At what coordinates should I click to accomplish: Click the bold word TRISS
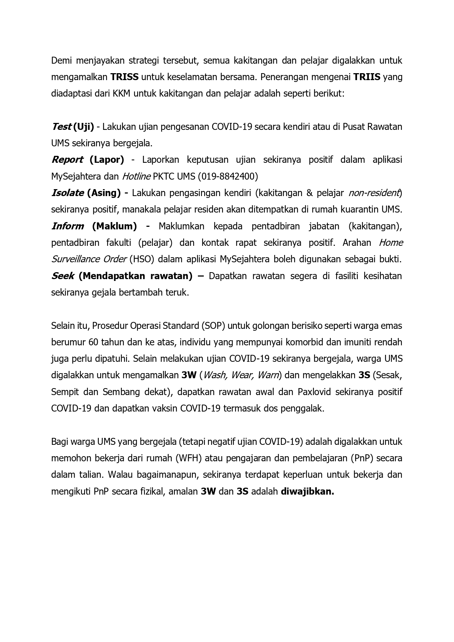point(124,77)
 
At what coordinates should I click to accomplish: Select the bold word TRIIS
point(367,77)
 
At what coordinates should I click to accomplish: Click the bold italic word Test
point(61,127)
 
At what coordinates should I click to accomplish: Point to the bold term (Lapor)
point(107,160)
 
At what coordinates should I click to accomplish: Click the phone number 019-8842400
point(228,176)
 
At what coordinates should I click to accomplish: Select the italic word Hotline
point(136,176)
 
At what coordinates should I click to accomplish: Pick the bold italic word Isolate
point(67,193)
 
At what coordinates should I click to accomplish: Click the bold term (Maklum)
point(114,226)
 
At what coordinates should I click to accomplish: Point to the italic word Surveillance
point(75,259)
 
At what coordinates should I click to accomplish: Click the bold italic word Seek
point(63,276)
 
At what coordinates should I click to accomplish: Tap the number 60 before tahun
point(93,342)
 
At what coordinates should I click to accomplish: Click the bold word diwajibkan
point(307,491)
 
